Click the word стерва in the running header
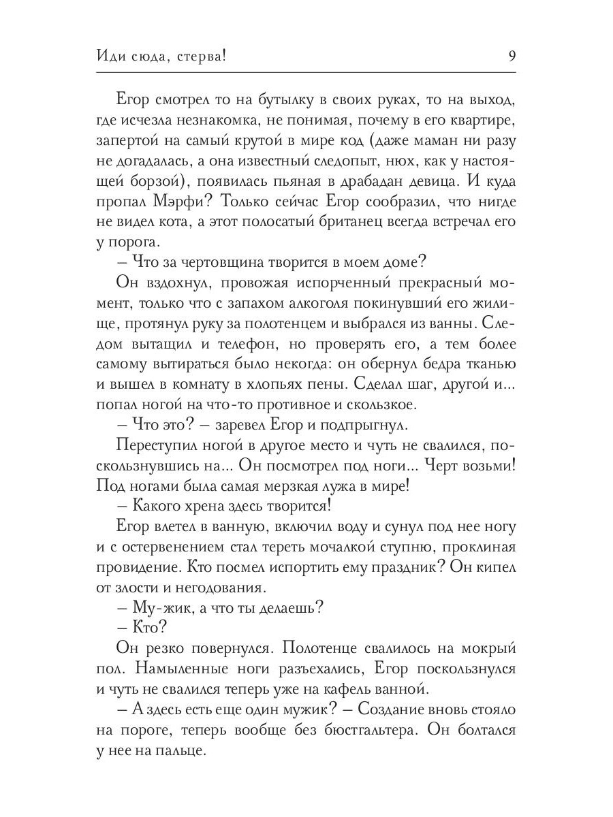click(194, 57)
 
